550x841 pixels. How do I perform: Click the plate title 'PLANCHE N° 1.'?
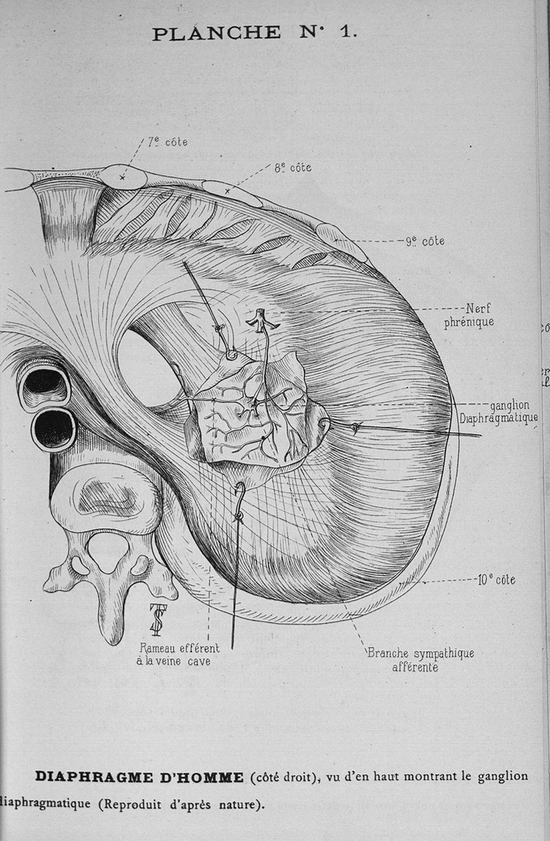tap(254, 32)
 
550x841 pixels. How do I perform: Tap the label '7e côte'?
tap(167, 142)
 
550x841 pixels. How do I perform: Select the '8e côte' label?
tap(293, 167)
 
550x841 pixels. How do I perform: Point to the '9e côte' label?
tap(425, 241)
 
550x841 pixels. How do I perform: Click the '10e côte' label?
tap(496, 580)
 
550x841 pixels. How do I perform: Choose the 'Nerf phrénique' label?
tap(469, 315)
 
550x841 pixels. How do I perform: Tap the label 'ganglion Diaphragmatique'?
tap(499, 412)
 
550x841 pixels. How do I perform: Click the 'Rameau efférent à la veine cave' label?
tap(179, 654)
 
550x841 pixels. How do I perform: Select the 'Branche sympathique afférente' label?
tap(420, 659)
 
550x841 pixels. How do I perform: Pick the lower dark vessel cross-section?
tap(54, 429)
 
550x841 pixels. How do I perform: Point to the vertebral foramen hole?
tap(107, 551)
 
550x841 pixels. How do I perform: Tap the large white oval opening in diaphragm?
tap(148, 368)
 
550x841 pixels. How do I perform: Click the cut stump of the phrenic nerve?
tap(261, 320)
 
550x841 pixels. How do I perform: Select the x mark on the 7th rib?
tap(122, 177)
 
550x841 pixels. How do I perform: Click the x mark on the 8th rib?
tap(227, 191)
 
